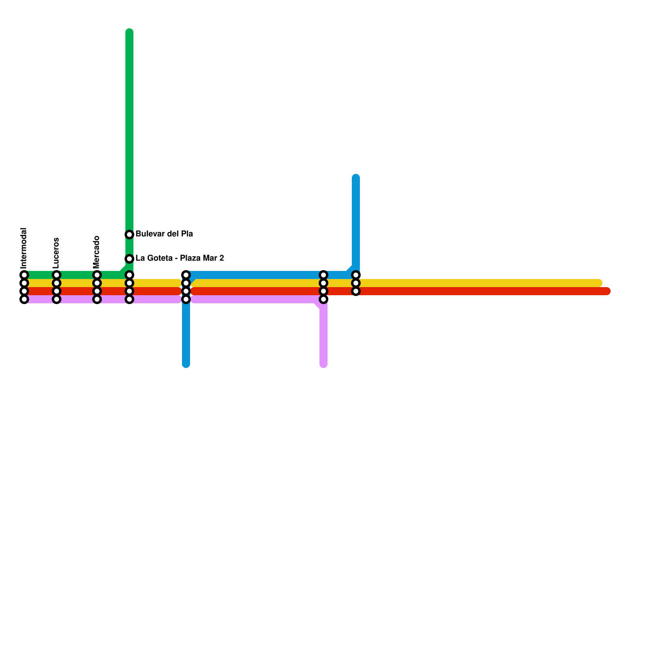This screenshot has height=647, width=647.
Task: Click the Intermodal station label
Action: pos(24,248)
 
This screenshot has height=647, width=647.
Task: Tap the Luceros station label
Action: pos(56,253)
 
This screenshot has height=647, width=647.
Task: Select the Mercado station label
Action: pos(97,252)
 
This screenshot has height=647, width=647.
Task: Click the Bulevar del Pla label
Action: pos(164,234)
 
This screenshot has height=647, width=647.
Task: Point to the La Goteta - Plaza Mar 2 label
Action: pos(180,258)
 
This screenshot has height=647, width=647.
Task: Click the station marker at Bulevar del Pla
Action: pos(129,235)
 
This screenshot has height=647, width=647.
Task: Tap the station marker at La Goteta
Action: pos(129,259)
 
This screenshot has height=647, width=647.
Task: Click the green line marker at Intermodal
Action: pos(24,275)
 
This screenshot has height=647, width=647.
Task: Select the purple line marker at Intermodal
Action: pos(24,300)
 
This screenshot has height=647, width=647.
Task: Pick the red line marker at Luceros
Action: pos(57,291)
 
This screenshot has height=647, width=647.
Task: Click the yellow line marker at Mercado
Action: pos(97,283)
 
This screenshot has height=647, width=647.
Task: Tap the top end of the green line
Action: pos(129,32)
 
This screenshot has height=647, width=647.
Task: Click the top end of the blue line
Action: pos(356,178)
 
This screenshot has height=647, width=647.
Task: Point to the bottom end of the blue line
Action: pos(186,364)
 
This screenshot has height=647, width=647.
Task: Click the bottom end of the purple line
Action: pos(323,364)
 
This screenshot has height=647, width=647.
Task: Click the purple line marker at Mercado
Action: pos(97,300)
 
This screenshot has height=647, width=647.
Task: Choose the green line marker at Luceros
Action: pos(57,275)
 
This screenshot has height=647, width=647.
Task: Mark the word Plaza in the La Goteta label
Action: pos(190,258)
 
